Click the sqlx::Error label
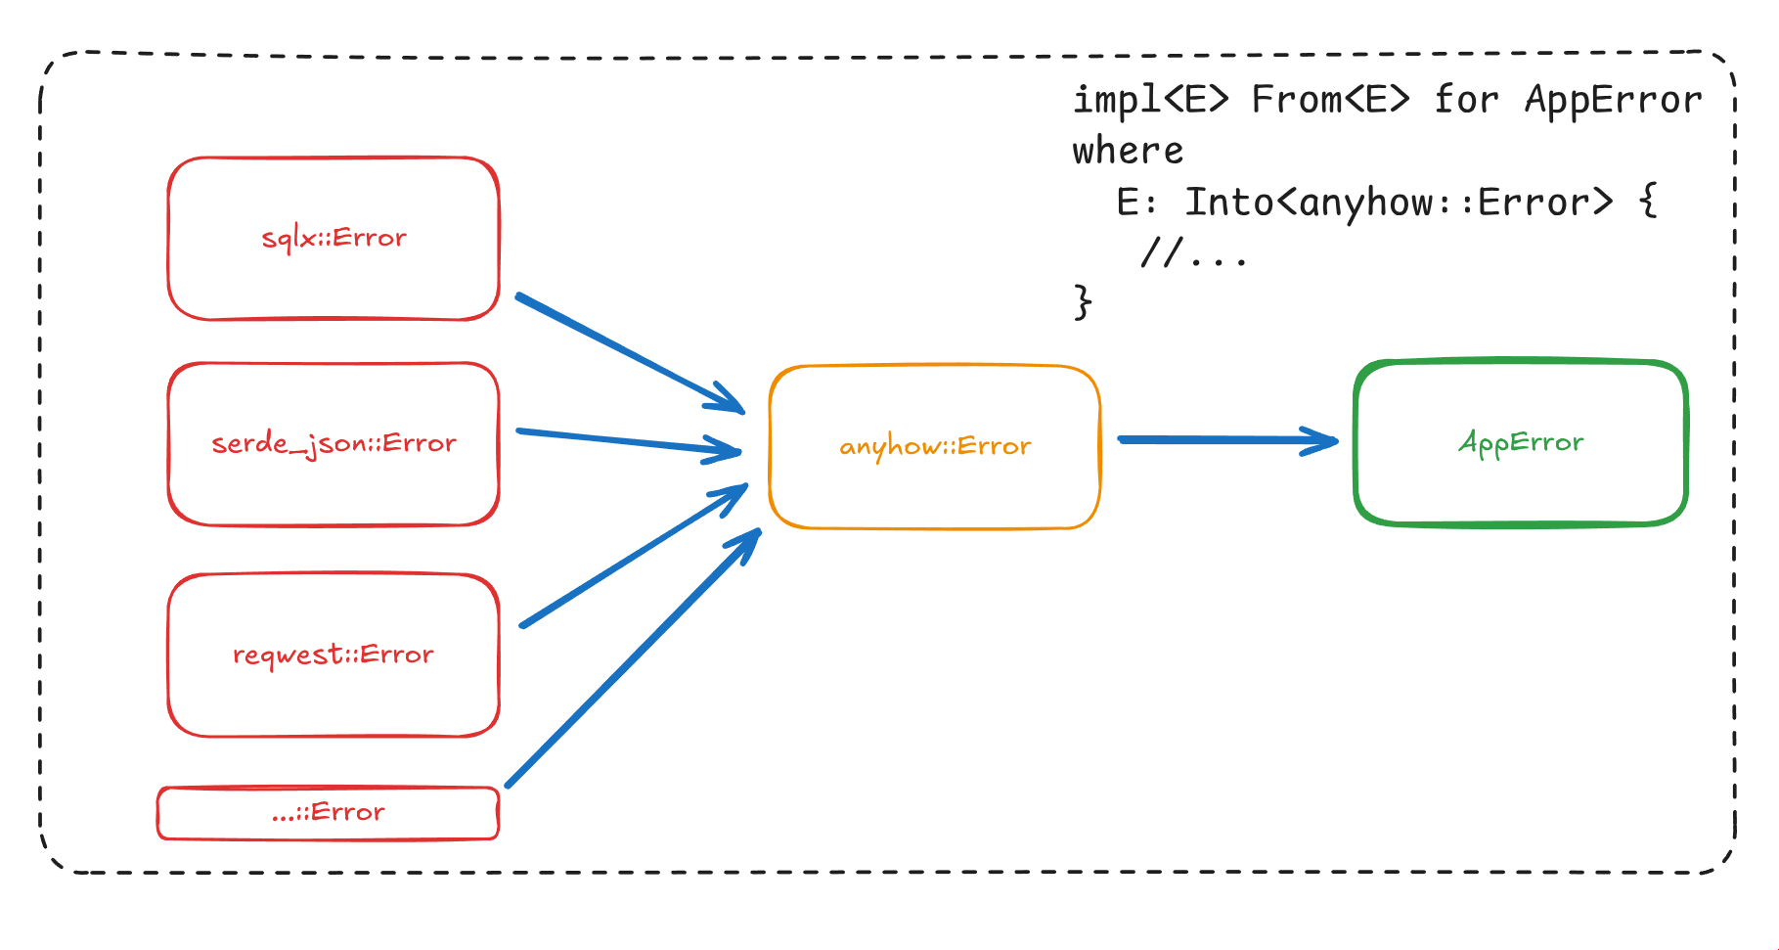point(334,238)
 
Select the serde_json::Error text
point(334,443)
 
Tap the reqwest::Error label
point(333,655)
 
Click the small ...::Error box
point(328,813)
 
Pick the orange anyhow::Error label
point(935,446)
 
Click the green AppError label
point(1521,442)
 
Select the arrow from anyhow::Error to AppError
point(1223,440)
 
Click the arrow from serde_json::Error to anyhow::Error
point(626,441)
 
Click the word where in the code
point(1128,152)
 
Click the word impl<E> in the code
point(1150,100)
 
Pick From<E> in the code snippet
point(1330,100)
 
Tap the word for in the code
point(1465,100)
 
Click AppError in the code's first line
point(1613,100)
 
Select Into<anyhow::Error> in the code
point(1399,203)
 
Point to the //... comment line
point(1194,253)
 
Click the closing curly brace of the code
point(1083,301)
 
